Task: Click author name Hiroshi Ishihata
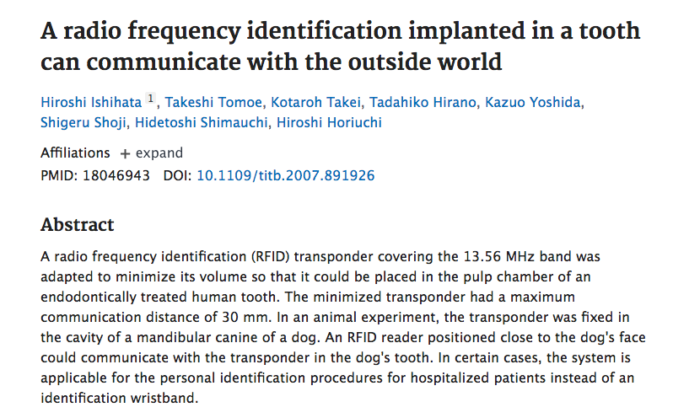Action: click(91, 102)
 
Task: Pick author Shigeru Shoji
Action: click(83, 123)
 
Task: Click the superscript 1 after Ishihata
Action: click(151, 99)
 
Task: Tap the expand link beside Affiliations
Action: click(152, 153)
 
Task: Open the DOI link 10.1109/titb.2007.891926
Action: click(285, 175)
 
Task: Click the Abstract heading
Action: click(77, 225)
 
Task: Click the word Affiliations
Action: click(75, 153)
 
